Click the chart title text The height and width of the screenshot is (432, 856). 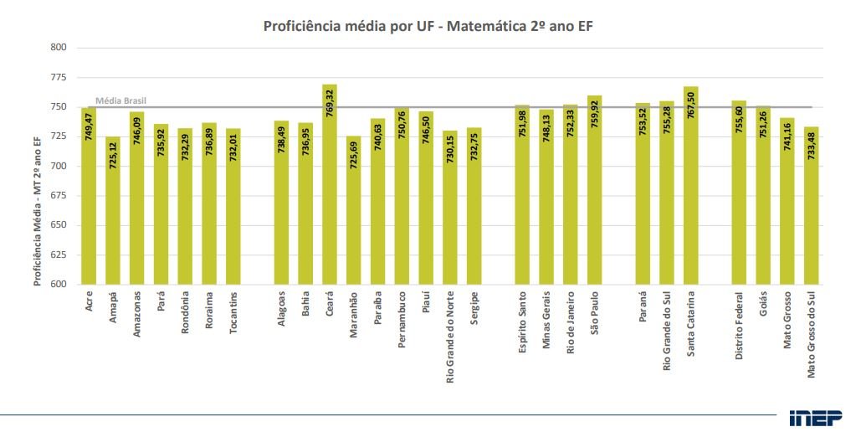(428, 26)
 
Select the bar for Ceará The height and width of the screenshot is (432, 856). (330, 193)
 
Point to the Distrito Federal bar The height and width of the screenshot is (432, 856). (739, 201)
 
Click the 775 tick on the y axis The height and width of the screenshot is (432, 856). (59, 77)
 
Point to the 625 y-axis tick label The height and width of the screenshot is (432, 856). (59, 255)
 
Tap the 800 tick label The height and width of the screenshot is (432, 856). (59, 48)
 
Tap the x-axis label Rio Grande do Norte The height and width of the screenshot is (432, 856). (450, 337)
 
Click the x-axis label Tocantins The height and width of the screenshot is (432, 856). (233, 311)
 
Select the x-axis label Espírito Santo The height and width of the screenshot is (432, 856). (522, 322)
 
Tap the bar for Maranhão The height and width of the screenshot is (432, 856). (353, 218)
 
